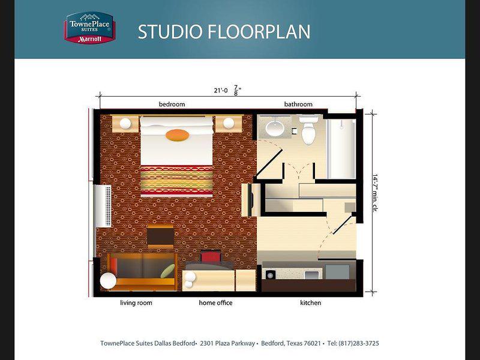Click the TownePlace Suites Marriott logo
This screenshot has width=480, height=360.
pyautogui.click(x=89, y=28)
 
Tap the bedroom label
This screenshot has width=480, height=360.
pyautogui.click(x=172, y=104)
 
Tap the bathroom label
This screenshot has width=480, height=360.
pyautogui.click(x=298, y=104)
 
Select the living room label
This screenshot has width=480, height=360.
pyautogui.click(x=136, y=303)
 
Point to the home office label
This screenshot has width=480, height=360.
pyautogui.click(x=215, y=303)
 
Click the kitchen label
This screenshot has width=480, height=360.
pyautogui.click(x=310, y=303)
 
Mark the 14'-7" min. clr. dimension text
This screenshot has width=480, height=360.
pyautogui.click(x=374, y=193)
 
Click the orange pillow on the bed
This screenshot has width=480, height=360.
pyautogui.click(x=177, y=135)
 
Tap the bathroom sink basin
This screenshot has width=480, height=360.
pyautogui.click(x=275, y=128)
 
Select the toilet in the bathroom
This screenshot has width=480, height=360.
pyautogui.click(x=308, y=130)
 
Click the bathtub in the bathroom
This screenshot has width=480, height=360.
pyautogui.click(x=341, y=149)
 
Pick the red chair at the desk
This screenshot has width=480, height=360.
pyautogui.click(x=211, y=257)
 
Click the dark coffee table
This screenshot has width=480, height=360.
pyautogui.click(x=160, y=236)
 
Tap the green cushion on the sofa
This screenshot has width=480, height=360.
pyautogui.click(x=168, y=271)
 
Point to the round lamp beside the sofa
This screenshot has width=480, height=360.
pyautogui.click(x=108, y=280)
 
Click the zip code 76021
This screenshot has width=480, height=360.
pyautogui.click(x=312, y=343)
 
